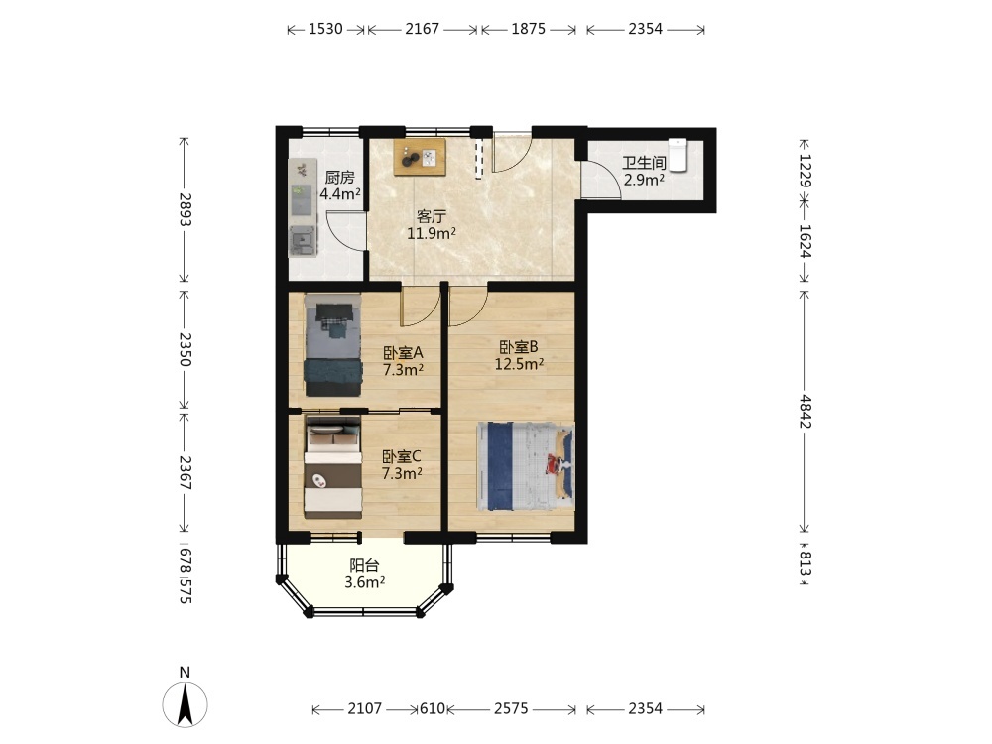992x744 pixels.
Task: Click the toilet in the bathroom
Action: [678, 155]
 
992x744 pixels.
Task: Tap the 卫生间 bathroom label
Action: [644, 164]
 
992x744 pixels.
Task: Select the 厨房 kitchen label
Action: [339, 178]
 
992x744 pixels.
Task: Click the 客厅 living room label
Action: [432, 217]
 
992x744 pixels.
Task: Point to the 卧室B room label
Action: [518, 347]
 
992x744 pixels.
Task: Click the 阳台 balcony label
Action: [365, 566]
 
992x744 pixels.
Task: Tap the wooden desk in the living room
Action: [420, 157]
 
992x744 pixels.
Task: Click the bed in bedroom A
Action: [332, 345]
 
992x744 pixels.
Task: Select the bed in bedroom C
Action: [332, 467]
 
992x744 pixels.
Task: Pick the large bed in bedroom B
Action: [526, 466]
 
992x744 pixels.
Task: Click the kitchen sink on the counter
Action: [303, 240]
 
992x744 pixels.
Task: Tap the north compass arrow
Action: [185, 704]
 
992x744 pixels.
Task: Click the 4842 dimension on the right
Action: [805, 412]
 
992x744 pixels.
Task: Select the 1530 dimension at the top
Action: [325, 29]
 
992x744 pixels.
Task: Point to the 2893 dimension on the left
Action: [185, 209]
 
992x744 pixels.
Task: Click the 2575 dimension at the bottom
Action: [511, 708]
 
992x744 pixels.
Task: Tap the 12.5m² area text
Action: [520, 364]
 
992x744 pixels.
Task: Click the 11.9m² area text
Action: [432, 234]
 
